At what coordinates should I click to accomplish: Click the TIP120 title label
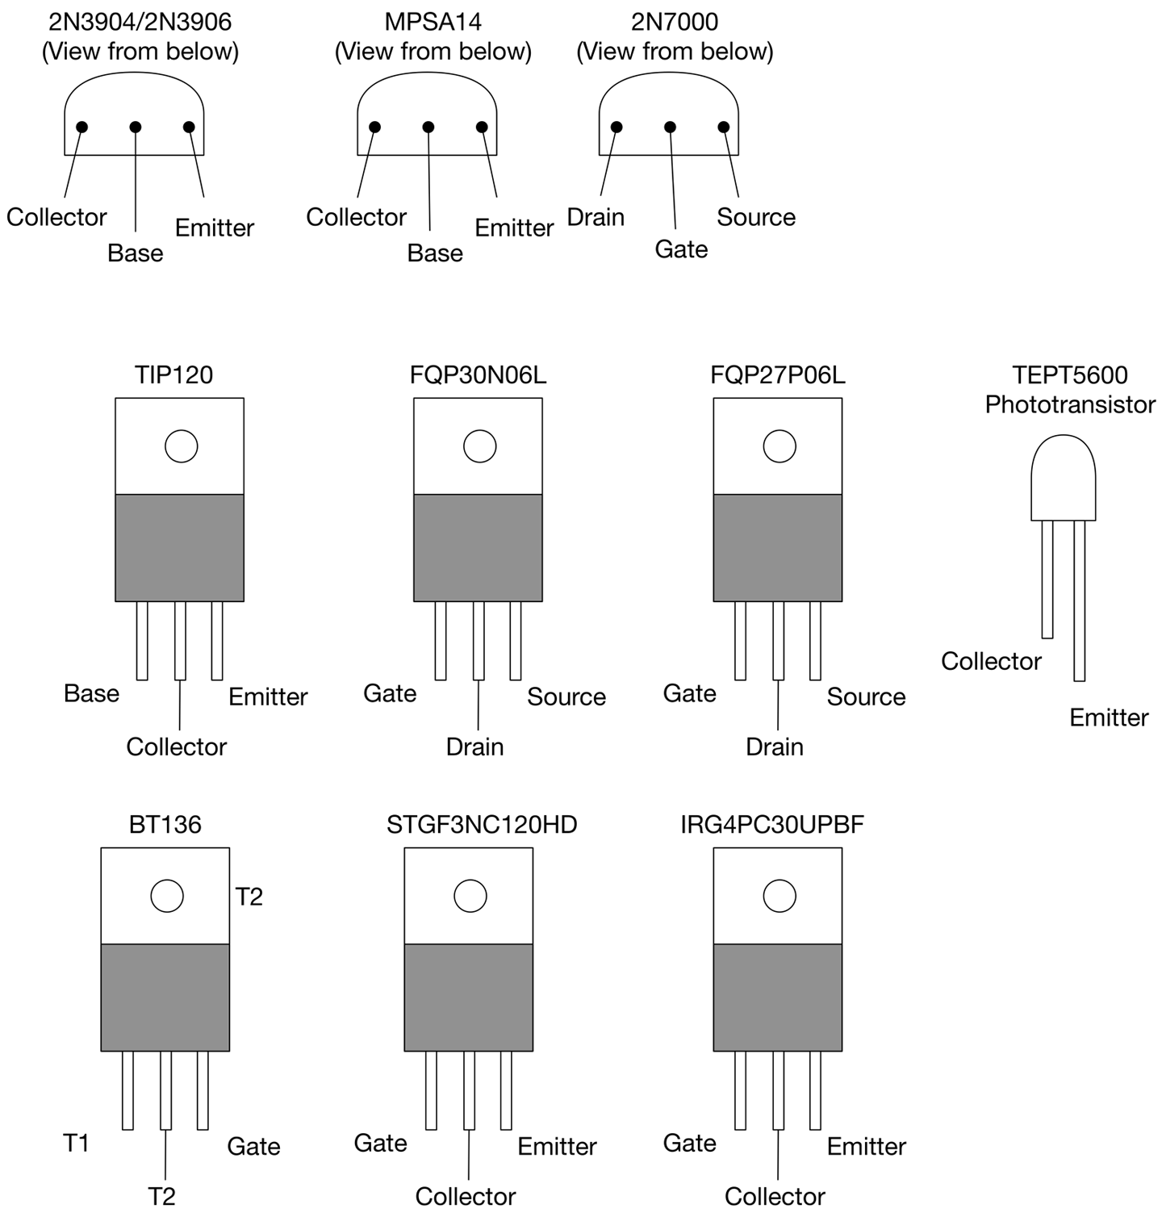coord(174,375)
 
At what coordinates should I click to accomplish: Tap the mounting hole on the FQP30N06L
coord(480,446)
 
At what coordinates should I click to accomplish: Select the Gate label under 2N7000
coord(681,249)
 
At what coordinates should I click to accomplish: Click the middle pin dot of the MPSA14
coord(428,128)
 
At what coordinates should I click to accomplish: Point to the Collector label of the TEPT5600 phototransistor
coord(991,662)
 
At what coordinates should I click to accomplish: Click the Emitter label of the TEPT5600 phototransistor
coord(1109,717)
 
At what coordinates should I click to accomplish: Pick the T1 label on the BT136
coord(77,1143)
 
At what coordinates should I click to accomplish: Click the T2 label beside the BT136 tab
coord(249,897)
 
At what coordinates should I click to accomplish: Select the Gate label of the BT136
coord(253,1146)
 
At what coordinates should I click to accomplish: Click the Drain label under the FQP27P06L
coord(775,747)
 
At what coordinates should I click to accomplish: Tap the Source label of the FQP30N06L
coord(566,696)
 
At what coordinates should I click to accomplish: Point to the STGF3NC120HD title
coord(482,825)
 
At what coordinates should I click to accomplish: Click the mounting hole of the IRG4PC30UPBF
coord(780,896)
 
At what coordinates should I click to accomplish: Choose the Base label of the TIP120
coord(91,693)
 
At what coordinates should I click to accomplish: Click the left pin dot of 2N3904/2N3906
coord(82,128)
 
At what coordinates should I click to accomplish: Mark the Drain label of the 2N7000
coord(596,217)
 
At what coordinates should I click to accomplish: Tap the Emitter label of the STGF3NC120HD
coord(557,1146)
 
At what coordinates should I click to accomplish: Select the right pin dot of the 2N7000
coord(724,128)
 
